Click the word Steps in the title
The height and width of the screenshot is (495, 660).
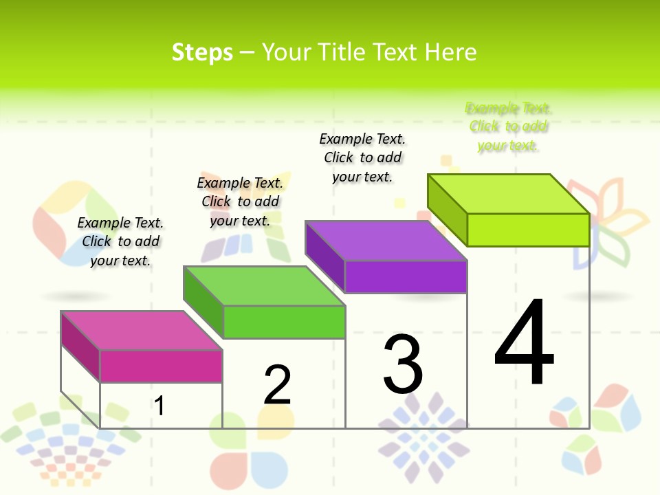point(202,52)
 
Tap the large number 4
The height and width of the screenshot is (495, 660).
point(524,342)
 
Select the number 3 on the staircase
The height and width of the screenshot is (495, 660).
point(403,364)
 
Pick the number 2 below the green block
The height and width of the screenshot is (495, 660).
point(278,385)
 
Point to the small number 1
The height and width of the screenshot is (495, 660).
point(159,406)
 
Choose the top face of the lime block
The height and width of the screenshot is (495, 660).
point(509,193)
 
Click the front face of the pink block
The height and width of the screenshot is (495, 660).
point(161,366)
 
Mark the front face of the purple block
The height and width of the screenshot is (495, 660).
point(406,276)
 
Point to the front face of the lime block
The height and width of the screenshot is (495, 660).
point(528,230)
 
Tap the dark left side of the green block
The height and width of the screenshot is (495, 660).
point(203,302)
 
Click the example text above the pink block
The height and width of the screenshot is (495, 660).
point(120,241)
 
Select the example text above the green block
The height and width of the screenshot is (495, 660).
point(240,201)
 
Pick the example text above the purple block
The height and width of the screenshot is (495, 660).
point(362,157)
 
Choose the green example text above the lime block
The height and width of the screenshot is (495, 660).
point(508,126)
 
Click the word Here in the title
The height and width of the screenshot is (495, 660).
point(450,52)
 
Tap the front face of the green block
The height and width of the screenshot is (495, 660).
point(283,322)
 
